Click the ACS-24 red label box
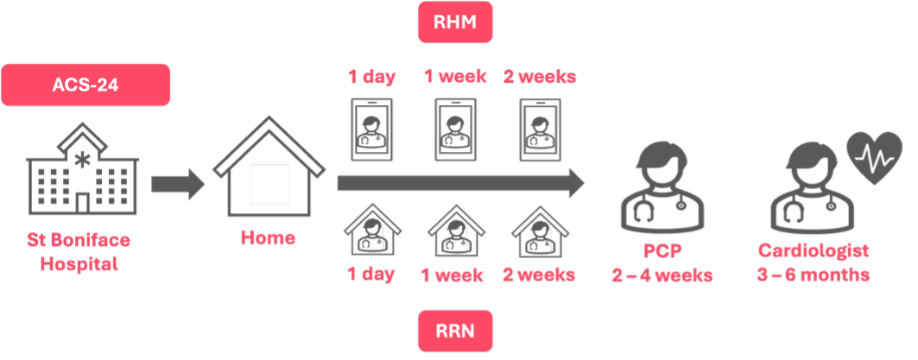[85, 85]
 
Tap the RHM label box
[455, 22]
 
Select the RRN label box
[455, 331]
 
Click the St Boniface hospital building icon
[83, 168]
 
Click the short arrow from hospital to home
[177, 184]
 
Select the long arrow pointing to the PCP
[461, 184]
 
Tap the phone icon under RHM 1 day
[371, 129]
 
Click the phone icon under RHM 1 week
[455, 129]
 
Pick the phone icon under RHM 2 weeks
[541, 129]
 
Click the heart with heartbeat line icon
[875, 158]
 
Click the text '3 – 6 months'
[814, 275]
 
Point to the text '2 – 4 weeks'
[662, 275]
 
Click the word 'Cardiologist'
[814, 251]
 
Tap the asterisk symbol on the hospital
[83, 160]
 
